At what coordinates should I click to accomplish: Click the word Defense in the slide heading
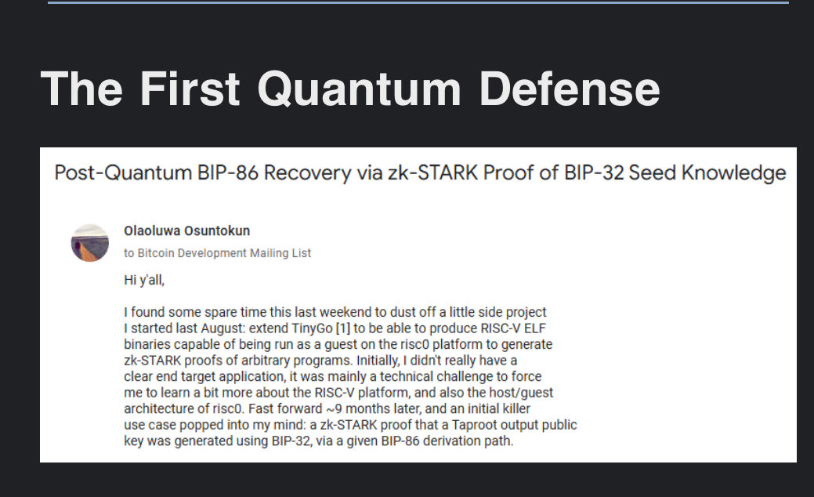click(x=569, y=89)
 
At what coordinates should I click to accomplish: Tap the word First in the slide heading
click(x=190, y=89)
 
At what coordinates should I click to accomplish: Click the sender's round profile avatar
click(x=90, y=242)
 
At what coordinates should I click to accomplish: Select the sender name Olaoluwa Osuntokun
click(x=187, y=230)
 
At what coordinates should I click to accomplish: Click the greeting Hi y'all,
click(x=144, y=280)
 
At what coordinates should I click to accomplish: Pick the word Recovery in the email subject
click(x=307, y=173)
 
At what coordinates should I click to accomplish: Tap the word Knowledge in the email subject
click(x=733, y=173)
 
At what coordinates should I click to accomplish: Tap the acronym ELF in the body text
click(x=535, y=328)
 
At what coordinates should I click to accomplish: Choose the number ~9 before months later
click(x=334, y=408)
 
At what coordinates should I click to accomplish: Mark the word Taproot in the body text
click(x=472, y=426)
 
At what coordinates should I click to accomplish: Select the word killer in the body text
click(x=516, y=408)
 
